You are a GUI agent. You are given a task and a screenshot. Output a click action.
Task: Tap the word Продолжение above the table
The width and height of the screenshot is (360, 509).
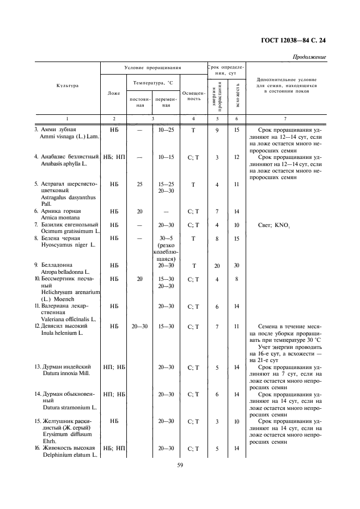(x=309, y=57)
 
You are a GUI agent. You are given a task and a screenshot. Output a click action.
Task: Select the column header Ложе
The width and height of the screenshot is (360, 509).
(x=114, y=93)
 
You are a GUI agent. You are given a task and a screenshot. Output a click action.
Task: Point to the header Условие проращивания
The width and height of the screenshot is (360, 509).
(x=152, y=68)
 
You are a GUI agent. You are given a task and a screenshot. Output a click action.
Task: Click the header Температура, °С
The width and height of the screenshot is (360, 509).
(x=152, y=82)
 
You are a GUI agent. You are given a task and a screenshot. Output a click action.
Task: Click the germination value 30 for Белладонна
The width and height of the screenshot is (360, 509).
(x=236, y=265)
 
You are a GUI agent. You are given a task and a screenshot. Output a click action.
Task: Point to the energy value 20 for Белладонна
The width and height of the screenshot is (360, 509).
(x=217, y=265)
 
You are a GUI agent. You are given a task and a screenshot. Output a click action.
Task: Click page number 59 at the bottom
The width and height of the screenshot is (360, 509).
(x=180, y=464)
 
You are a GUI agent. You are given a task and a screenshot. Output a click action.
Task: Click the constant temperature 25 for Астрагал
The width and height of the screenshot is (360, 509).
(x=140, y=184)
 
